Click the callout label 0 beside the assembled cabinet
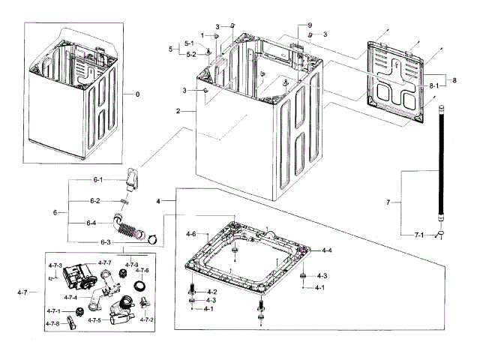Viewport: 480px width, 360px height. [137, 94]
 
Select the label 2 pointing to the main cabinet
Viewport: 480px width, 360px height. [178, 111]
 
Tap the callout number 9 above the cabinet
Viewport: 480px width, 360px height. [310, 25]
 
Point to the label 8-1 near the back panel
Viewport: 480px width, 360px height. [433, 86]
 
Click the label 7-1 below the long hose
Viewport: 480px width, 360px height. [419, 235]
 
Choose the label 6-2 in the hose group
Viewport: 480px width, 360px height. [95, 201]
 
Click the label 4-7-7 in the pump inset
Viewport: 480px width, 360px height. [105, 263]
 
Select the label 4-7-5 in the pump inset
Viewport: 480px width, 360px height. [94, 320]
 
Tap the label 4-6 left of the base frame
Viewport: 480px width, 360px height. [191, 234]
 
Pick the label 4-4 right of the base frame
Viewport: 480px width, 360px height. [327, 250]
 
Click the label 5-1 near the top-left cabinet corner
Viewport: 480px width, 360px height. [189, 43]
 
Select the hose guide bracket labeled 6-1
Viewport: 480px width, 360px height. [133, 180]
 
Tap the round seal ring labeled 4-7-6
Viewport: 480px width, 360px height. [139, 286]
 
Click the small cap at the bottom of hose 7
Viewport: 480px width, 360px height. [441, 234]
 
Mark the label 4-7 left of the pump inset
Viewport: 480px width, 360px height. [22, 292]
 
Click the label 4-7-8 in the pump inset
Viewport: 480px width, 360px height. [52, 323]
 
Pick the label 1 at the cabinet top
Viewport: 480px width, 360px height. [202, 36]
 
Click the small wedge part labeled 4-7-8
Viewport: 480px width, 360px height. [71, 322]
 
